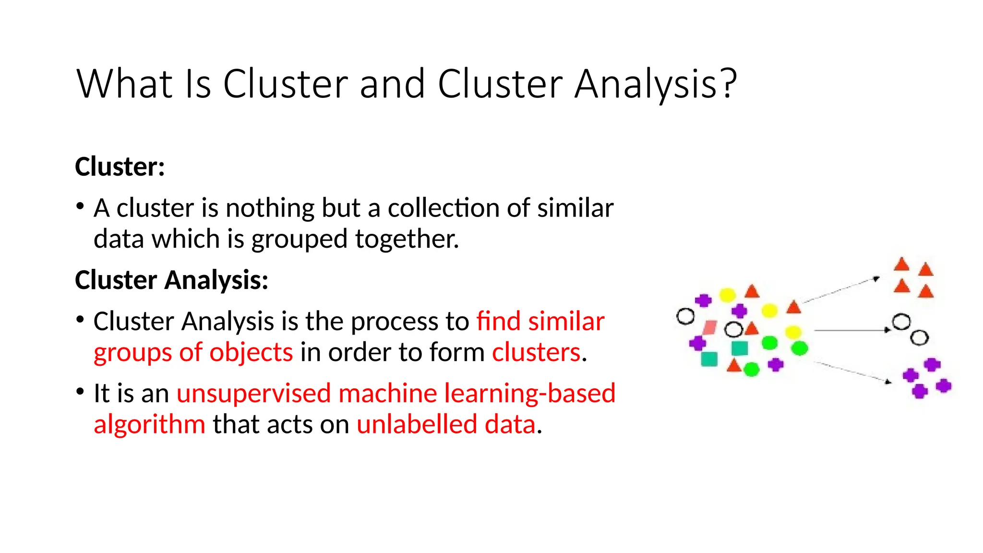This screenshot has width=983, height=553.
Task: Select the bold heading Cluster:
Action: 120,167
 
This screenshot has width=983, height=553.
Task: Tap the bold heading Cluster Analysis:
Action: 171,280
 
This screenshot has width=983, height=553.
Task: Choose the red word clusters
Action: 536,352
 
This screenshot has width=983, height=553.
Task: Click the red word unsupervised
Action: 253,394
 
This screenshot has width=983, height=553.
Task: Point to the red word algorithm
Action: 149,425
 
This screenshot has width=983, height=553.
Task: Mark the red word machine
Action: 387,394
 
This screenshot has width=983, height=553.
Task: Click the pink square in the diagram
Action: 709,328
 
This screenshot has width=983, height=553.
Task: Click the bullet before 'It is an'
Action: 80,392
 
